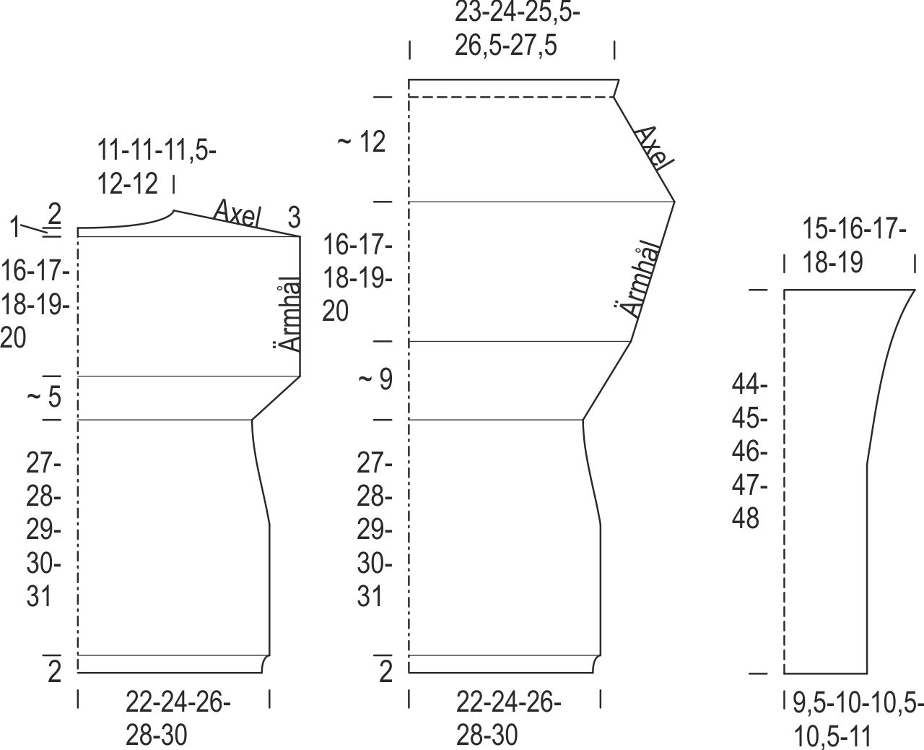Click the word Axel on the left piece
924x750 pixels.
(x=237, y=213)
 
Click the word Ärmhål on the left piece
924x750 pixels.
(x=287, y=314)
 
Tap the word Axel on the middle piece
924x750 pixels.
(x=654, y=148)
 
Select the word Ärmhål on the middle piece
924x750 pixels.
(x=637, y=279)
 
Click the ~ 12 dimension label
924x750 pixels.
(x=362, y=142)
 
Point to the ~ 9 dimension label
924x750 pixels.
(x=375, y=379)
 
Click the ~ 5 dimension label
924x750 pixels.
(x=44, y=396)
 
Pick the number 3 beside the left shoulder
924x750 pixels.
(x=294, y=217)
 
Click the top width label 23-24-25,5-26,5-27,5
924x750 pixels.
(x=517, y=30)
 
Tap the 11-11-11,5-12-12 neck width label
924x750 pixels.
(x=156, y=167)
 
